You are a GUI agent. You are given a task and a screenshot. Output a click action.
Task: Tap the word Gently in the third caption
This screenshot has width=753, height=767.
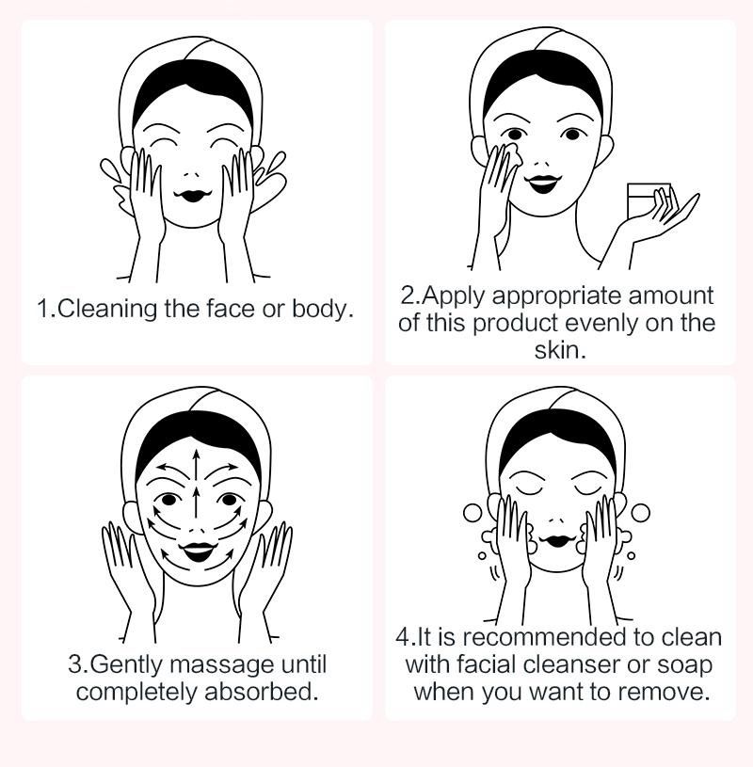[128, 665]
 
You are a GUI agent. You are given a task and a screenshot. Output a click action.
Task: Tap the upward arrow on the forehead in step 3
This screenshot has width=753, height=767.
[196, 464]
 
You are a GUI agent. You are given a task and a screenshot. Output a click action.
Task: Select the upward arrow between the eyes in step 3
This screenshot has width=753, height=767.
[196, 502]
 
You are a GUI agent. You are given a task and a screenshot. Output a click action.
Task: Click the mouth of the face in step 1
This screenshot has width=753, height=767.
[193, 195]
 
